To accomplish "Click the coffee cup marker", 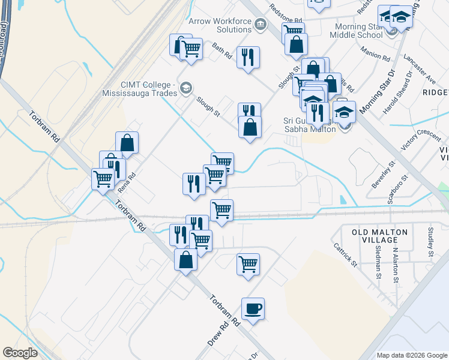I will pos(253,308).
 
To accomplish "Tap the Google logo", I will pos(20,353).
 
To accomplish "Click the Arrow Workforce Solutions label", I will pos(220,25).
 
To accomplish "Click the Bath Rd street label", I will pos(222,52).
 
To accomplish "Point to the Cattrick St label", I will pos(345,254).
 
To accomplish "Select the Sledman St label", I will pos(378,265).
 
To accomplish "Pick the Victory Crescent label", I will pos(421,140).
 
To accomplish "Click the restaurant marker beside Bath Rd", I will pos(248,58).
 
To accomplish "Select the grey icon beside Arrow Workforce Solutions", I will pos(260,24).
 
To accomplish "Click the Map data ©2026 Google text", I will pos(412,355).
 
